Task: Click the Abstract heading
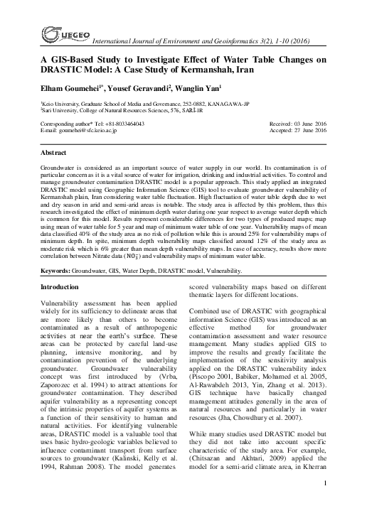click(x=54, y=153)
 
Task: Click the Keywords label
click(x=58, y=271)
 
